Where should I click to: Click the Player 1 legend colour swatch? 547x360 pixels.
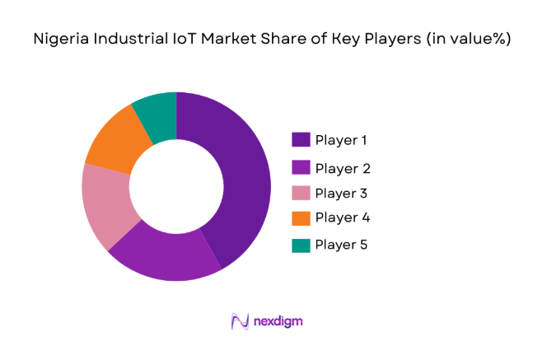point(300,140)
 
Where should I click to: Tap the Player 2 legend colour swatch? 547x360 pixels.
point(300,168)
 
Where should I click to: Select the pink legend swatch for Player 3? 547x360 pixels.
point(300,194)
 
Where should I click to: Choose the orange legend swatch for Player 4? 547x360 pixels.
point(300,218)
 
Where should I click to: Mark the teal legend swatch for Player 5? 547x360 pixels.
point(300,245)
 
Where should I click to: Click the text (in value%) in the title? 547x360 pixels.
point(469,39)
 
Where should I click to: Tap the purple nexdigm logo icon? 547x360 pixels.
point(241,320)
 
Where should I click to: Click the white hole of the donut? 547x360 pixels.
point(176,187)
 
